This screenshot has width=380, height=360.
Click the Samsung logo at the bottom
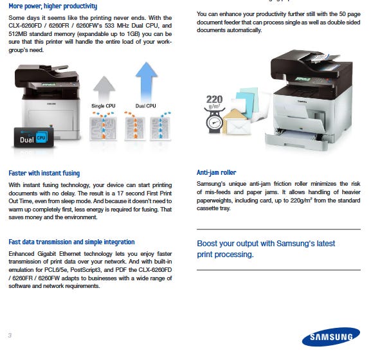pyautogui.click(x=330, y=337)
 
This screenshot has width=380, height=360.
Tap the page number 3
pyautogui.click(x=10, y=336)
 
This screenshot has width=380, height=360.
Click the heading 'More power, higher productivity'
pyautogui.click(x=53, y=6)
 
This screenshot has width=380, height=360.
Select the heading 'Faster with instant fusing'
pyautogui.click(x=44, y=173)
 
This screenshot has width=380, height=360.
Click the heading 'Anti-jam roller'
pyautogui.click(x=217, y=172)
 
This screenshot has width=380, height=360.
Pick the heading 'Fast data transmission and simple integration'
pyautogui.click(x=71, y=242)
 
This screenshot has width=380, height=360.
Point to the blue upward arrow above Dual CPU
pyautogui.click(x=147, y=81)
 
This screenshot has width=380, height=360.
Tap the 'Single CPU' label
pyautogui.click(x=104, y=106)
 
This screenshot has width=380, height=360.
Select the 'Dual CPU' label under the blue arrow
pyautogui.click(x=146, y=106)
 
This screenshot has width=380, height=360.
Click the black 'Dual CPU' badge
pyautogui.click(x=33, y=138)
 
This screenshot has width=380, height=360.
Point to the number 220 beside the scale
pyautogui.click(x=214, y=99)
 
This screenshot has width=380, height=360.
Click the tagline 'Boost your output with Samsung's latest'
pyautogui.click(x=266, y=244)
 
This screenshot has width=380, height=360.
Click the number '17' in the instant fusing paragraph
pyautogui.click(x=120, y=194)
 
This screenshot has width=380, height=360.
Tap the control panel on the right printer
pyautogui.click(x=312, y=80)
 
